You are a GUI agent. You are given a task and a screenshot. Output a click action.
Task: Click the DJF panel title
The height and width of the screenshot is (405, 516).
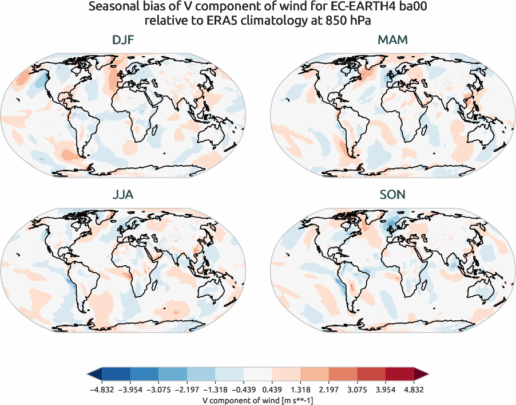click(124, 40)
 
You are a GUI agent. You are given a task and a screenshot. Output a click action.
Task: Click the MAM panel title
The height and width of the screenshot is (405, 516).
click(392, 40)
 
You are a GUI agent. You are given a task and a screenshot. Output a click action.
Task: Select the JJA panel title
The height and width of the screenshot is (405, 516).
click(124, 195)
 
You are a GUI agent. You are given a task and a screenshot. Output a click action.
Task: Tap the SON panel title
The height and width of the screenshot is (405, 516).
click(392, 195)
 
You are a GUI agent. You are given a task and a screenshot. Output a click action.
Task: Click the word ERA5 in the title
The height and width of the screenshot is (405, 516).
click(211, 21)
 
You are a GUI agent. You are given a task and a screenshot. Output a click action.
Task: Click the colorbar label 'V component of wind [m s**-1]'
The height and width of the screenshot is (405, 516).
click(257, 400)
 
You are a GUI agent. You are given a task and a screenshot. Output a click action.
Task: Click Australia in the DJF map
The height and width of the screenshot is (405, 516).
click(212, 135)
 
